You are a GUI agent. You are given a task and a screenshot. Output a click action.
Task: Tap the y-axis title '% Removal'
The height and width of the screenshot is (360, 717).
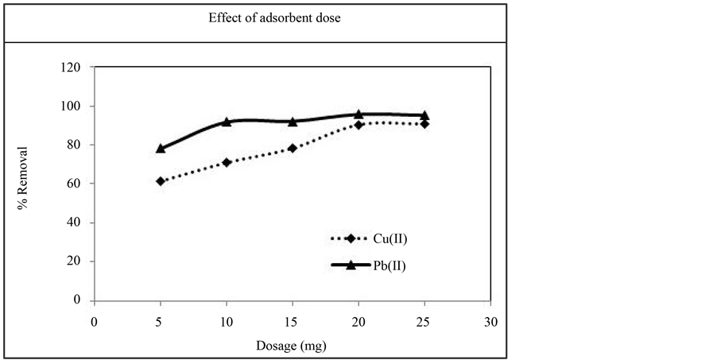pos(25,178)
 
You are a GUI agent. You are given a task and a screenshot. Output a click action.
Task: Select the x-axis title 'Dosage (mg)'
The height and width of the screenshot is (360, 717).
pos(291,346)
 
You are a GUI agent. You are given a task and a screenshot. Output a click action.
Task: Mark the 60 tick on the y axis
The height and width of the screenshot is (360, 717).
pos(76,184)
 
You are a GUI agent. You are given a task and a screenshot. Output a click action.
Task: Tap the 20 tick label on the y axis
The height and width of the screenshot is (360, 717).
pos(76,261)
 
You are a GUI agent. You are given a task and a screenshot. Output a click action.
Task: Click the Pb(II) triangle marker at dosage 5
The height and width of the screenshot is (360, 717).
pos(161,148)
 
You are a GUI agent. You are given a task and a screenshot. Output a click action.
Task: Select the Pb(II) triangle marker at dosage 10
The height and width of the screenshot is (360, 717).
pos(227,122)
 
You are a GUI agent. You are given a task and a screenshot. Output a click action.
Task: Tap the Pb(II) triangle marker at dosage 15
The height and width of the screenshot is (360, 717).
pos(293,122)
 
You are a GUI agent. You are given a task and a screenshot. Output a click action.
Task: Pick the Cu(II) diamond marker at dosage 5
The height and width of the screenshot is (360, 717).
pos(161,181)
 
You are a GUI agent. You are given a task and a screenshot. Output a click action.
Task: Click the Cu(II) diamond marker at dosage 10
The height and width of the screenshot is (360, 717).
pos(227,162)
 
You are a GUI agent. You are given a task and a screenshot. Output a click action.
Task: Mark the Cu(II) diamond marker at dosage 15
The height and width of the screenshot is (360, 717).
pos(293,149)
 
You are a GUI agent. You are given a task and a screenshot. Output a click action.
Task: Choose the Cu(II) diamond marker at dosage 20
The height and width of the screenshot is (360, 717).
pos(358,125)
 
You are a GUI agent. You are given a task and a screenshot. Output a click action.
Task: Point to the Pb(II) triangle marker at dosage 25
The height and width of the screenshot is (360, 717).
pos(424,115)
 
